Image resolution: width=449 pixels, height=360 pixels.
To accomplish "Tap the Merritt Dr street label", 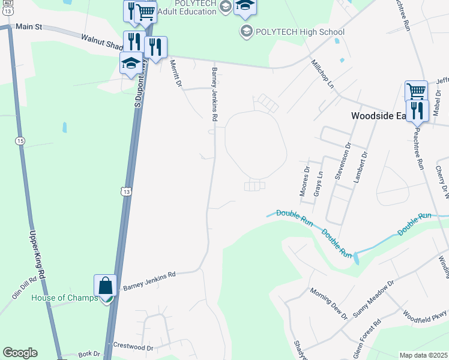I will (175, 73).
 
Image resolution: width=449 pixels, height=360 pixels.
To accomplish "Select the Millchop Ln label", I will (322, 74).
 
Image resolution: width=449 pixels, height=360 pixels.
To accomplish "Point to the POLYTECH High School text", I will (300, 32).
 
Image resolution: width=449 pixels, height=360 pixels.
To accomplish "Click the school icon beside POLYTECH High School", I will (246, 31).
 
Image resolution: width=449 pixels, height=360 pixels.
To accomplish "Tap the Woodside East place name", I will (379, 116).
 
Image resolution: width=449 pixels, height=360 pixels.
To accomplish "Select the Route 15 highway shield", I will (20, 140).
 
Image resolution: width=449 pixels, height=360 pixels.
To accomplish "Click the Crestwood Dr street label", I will (133, 347).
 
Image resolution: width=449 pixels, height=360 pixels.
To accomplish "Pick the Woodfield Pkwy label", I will (425, 317).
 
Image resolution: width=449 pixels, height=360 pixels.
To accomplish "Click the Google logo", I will (20, 353).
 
